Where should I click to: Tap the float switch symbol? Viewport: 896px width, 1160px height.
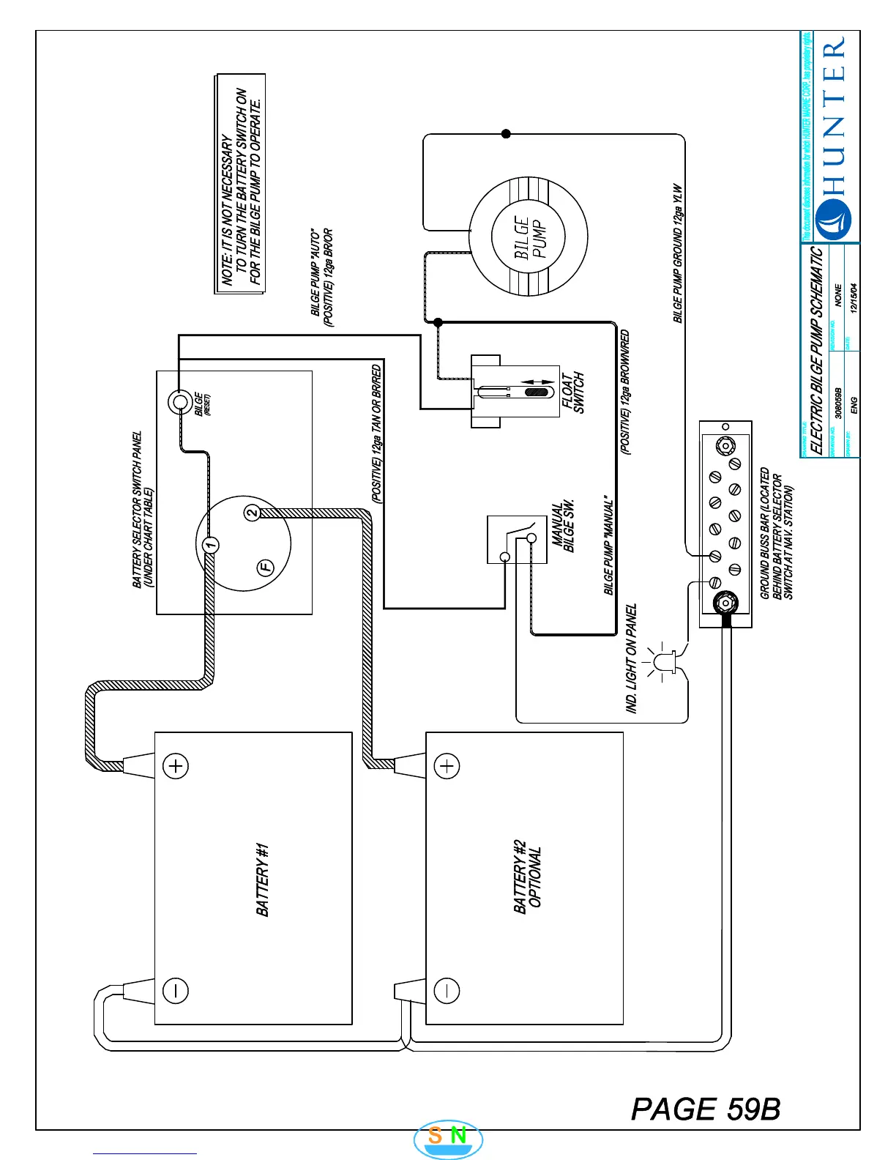[x=515, y=392]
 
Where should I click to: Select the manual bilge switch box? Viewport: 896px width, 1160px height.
[x=517, y=540]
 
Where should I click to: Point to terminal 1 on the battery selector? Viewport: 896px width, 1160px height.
[x=210, y=545]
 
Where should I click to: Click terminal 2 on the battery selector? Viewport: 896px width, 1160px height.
[x=251, y=512]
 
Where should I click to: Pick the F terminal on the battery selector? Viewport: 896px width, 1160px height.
[x=266, y=567]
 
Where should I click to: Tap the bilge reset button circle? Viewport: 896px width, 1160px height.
[x=179, y=401]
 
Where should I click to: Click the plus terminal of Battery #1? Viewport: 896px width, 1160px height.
[x=176, y=766]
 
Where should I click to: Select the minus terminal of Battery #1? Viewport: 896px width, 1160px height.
[x=176, y=990]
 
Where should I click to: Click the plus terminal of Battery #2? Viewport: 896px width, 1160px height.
[x=447, y=766]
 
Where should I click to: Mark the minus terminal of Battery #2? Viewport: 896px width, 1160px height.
[x=447, y=990]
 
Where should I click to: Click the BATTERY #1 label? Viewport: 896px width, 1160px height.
[x=263, y=879]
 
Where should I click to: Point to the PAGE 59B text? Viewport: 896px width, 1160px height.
[x=706, y=1109]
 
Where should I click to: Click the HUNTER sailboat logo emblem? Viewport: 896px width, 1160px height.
[x=833, y=219]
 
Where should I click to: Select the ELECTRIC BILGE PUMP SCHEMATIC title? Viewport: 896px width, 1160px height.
[x=817, y=350]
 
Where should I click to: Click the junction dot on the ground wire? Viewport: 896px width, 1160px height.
[x=506, y=134]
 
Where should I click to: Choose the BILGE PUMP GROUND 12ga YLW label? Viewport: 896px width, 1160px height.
[x=678, y=253]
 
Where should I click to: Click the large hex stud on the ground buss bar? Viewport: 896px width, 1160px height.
[x=725, y=603]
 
